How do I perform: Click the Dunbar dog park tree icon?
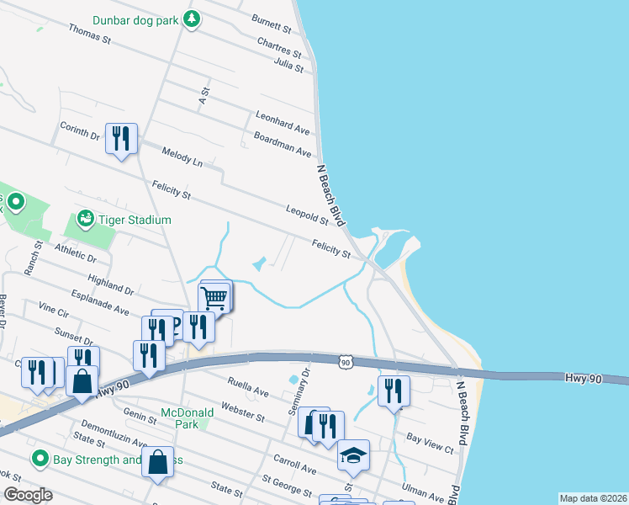tap(192, 18)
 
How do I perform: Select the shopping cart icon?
tap(214, 298)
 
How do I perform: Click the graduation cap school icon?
tap(354, 456)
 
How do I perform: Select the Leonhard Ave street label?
tap(283, 123)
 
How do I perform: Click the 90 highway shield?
tap(346, 362)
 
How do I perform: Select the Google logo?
tap(29, 495)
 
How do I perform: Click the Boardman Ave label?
tap(283, 144)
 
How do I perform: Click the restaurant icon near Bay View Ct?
tap(394, 391)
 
